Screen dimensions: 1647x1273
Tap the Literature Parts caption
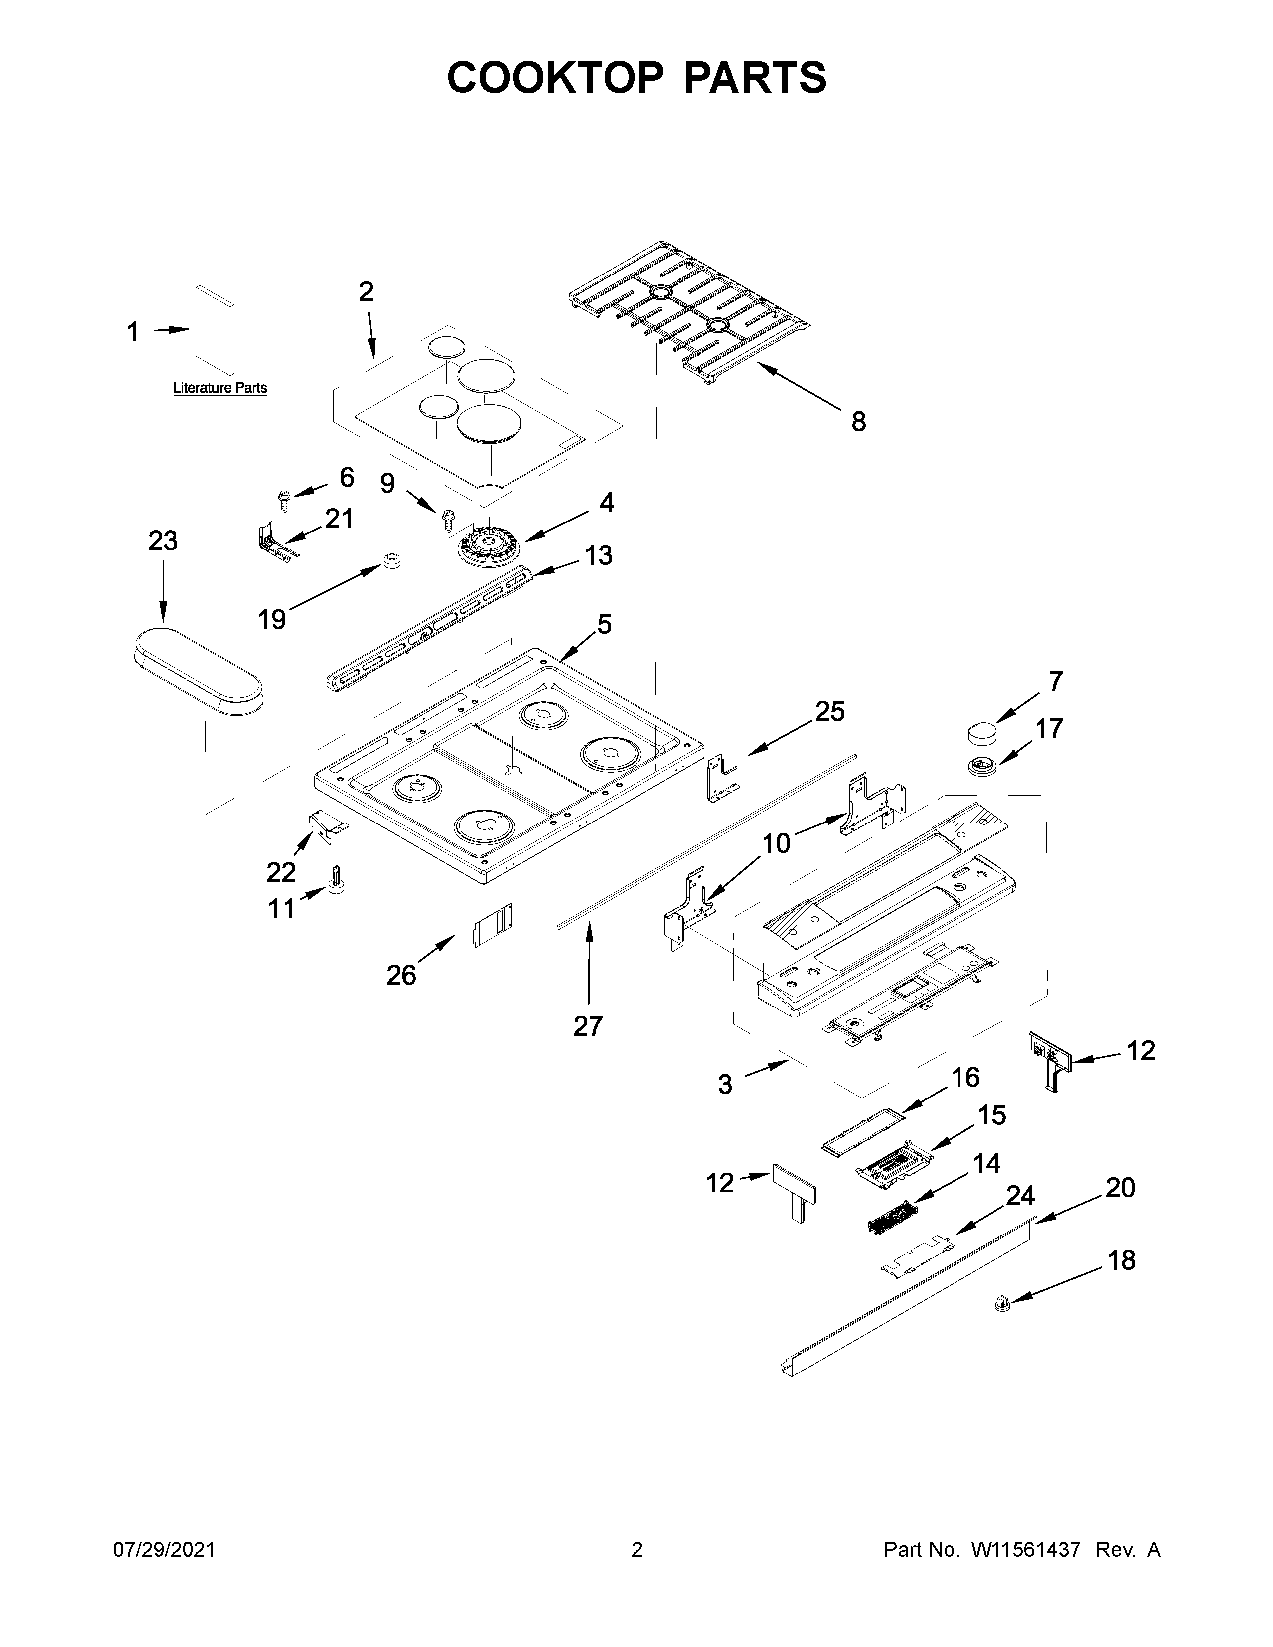click(x=220, y=388)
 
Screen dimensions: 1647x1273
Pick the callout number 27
click(x=588, y=1026)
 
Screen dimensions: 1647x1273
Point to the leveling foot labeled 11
click(x=335, y=880)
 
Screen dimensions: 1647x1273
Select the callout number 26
click(x=401, y=975)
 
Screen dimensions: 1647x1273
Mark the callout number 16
click(x=965, y=1077)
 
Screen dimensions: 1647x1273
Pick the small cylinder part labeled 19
click(x=391, y=561)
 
